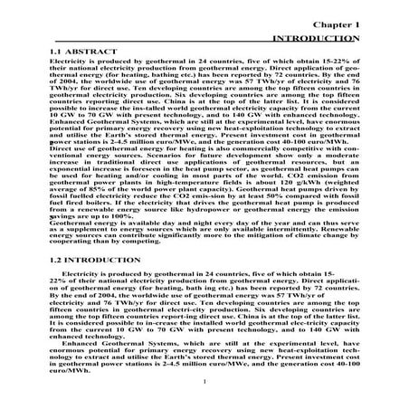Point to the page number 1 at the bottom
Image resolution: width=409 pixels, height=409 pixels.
click(x=206, y=393)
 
